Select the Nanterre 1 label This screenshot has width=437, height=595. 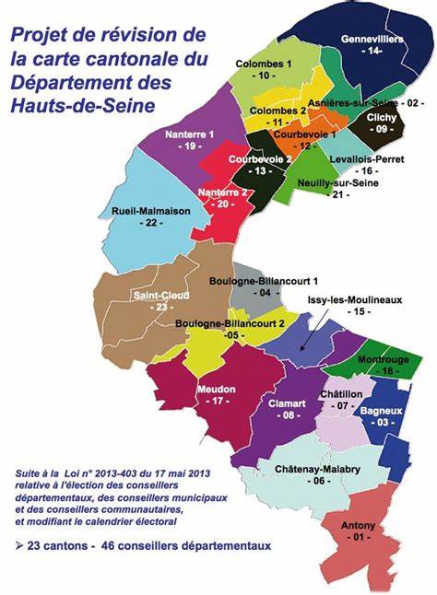pos(190,134)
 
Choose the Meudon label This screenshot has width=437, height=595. pos(218,389)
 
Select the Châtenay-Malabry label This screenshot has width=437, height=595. pos(319,468)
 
